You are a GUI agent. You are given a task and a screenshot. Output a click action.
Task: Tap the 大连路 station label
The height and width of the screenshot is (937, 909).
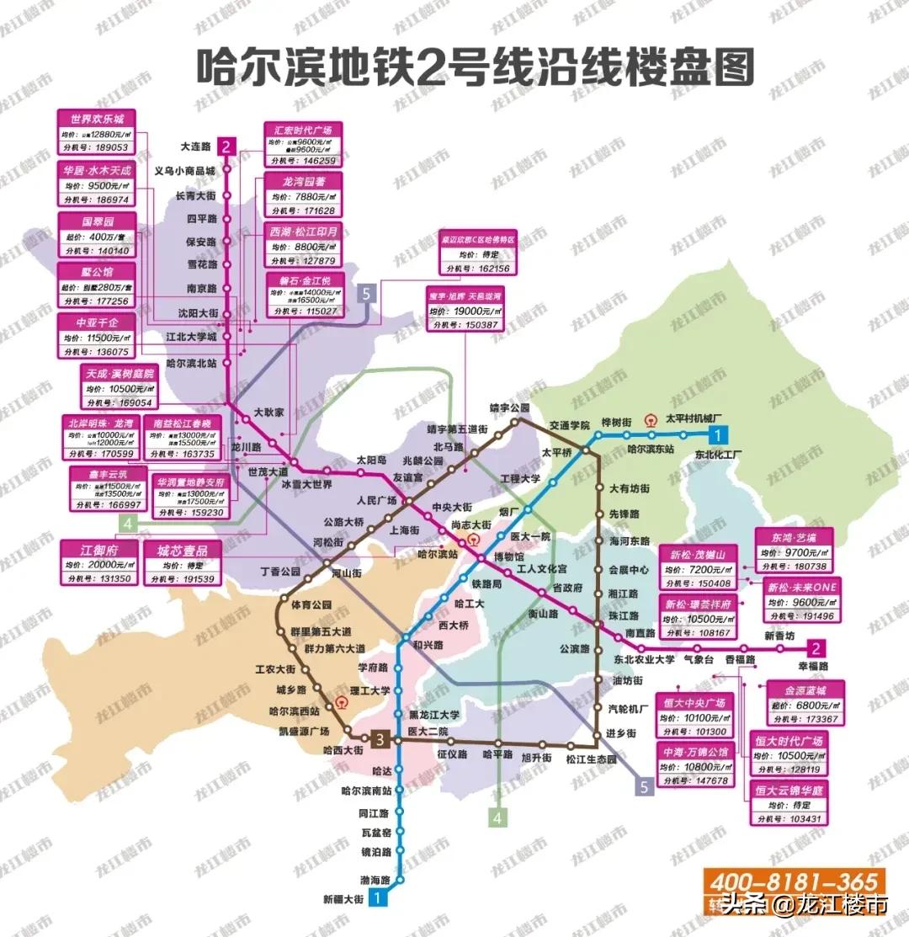tap(195, 146)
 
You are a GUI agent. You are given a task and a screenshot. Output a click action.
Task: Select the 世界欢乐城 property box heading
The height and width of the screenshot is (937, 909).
tap(95, 119)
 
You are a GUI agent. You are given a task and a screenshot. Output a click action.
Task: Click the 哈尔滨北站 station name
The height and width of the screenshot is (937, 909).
tap(192, 363)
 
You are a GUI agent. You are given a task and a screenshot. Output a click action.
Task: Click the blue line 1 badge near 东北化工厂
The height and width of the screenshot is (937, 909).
tap(717, 435)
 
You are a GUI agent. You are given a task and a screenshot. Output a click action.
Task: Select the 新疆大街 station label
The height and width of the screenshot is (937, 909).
tap(343, 900)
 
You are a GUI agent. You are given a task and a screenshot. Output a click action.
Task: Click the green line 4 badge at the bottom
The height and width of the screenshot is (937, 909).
tap(498, 817)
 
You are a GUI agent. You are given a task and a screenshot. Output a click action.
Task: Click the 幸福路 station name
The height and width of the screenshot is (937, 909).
tap(811, 665)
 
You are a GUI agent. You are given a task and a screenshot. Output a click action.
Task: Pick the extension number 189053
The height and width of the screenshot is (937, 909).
tap(112, 146)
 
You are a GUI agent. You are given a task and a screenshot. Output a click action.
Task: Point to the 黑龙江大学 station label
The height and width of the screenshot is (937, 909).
tap(433, 714)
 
